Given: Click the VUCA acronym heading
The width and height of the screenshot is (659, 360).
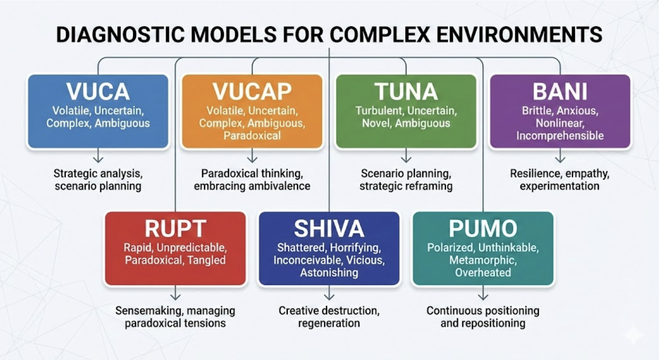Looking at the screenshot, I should (98, 92).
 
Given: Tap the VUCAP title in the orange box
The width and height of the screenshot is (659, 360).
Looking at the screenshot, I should (252, 92).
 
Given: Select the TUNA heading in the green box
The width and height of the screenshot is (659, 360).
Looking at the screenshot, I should (406, 92).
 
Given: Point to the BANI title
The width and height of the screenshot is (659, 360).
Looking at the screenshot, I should (560, 92).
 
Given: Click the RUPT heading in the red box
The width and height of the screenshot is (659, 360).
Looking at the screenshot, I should (175, 229).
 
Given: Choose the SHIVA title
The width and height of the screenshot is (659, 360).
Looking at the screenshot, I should (329, 229).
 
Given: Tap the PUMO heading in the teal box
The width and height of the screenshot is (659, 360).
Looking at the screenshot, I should (483, 229).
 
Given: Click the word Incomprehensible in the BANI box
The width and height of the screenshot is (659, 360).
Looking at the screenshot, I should (560, 136).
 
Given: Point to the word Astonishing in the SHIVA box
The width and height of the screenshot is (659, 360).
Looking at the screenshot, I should (329, 273).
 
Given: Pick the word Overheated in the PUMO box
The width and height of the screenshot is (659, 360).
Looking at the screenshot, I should (483, 273).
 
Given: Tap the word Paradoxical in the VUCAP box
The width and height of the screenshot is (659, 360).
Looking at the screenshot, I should (252, 136).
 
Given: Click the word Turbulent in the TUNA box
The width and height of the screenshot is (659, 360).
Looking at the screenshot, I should (379, 111).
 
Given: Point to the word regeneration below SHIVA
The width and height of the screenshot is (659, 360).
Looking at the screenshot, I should (329, 323).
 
